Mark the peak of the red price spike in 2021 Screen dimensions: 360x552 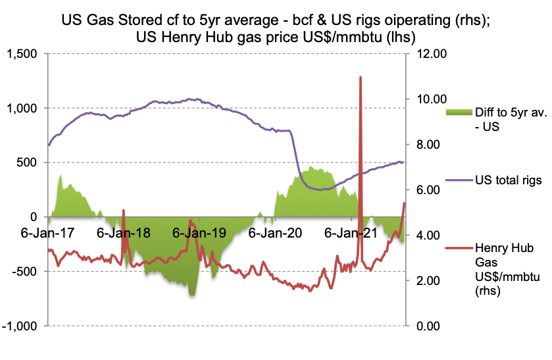coord(361,78)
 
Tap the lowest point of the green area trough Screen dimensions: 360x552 coord(192,295)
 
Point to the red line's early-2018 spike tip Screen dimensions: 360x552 coord(123,211)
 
